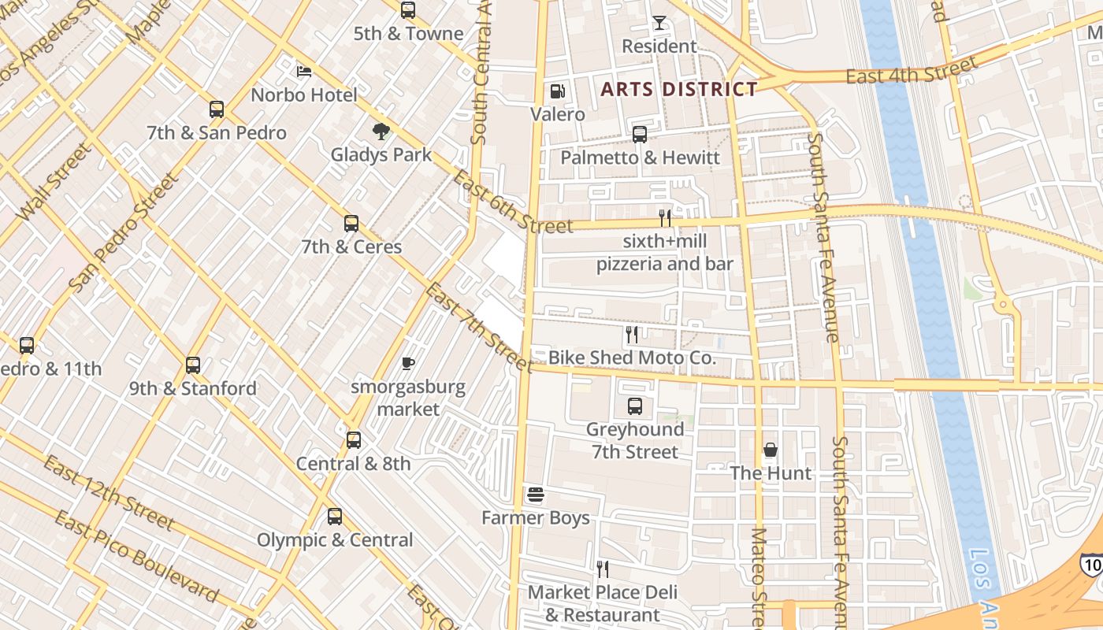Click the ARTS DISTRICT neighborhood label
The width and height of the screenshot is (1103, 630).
pyautogui.click(x=678, y=89)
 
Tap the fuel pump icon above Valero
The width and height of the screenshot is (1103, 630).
pyautogui.click(x=558, y=92)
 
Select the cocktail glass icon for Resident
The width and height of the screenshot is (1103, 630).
pyautogui.click(x=659, y=24)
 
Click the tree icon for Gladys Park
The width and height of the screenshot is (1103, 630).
pyautogui.click(x=381, y=132)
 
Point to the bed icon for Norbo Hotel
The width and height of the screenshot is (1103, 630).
pyautogui.click(x=304, y=72)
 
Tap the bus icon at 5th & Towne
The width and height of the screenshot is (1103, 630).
pyautogui.click(x=408, y=10)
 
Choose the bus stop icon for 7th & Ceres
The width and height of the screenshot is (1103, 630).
pyautogui.click(x=351, y=224)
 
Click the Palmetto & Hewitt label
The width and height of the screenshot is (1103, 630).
pyautogui.click(x=640, y=157)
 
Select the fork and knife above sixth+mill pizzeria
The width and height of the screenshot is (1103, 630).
pyautogui.click(x=665, y=218)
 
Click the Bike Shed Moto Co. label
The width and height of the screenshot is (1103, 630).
pyautogui.click(x=632, y=358)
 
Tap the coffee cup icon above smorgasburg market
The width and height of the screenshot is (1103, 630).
pyautogui.click(x=408, y=363)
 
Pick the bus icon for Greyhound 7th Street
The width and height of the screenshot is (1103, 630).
pyautogui.click(x=635, y=406)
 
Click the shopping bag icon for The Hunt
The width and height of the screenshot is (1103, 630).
pyautogui.click(x=771, y=450)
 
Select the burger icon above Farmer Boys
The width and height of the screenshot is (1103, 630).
pyautogui.click(x=536, y=495)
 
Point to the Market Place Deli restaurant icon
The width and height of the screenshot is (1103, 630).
pyautogui.click(x=603, y=569)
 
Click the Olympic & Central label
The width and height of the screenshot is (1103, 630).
pyautogui.click(x=335, y=540)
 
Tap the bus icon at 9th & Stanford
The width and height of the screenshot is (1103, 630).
pyautogui.click(x=193, y=365)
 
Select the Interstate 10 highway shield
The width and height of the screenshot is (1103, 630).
pyautogui.click(x=1091, y=564)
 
